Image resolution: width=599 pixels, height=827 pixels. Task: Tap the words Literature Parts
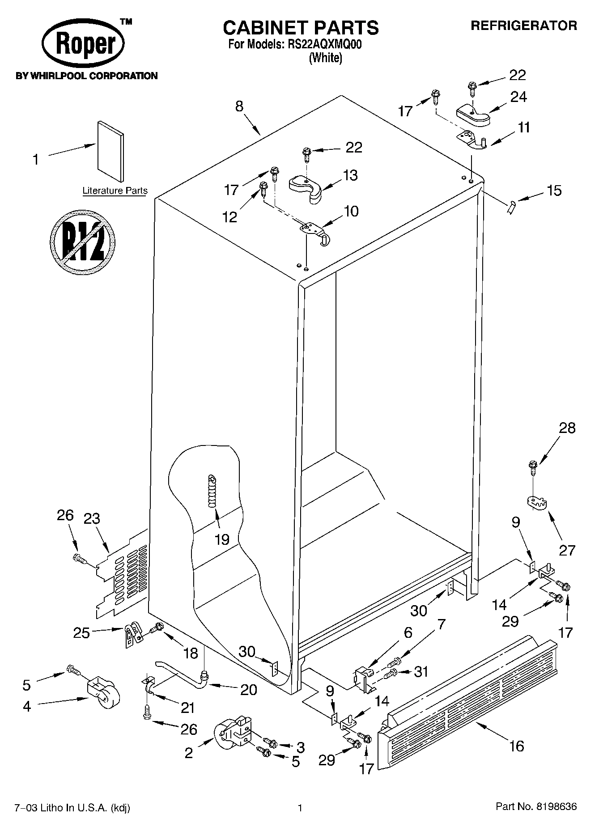(115, 191)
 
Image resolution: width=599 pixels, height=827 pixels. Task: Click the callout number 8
(240, 106)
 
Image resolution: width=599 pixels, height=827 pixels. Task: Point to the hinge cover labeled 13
(306, 188)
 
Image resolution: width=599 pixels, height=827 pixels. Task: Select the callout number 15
(554, 191)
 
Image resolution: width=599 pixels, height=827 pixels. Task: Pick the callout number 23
(92, 519)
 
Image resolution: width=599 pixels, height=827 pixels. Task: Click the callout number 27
(567, 550)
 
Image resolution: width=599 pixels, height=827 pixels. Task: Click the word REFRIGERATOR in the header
(523, 25)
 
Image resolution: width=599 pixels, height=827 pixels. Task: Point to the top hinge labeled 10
(315, 232)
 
